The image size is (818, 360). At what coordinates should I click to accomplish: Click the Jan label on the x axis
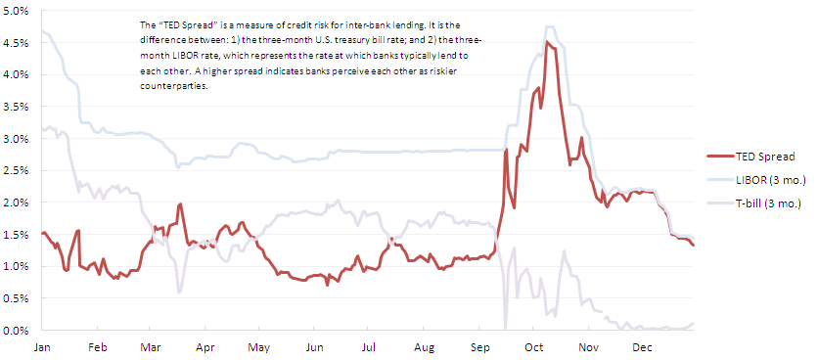click(x=42, y=346)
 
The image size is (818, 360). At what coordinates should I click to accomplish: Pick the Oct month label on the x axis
click(x=534, y=346)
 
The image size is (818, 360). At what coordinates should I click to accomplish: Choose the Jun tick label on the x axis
click(x=314, y=346)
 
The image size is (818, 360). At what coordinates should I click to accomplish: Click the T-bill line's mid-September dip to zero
click(x=506, y=328)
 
